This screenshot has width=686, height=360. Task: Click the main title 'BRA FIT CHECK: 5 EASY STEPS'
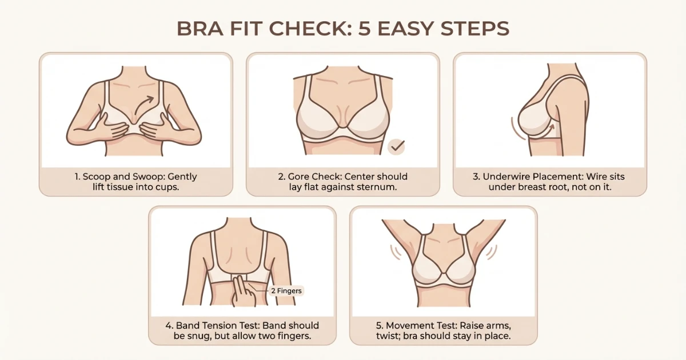(x=343, y=28)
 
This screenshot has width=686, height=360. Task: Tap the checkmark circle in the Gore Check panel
(x=396, y=147)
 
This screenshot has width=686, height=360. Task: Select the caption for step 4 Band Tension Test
(x=242, y=331)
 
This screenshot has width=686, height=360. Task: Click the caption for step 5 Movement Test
(x=444, y=331)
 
